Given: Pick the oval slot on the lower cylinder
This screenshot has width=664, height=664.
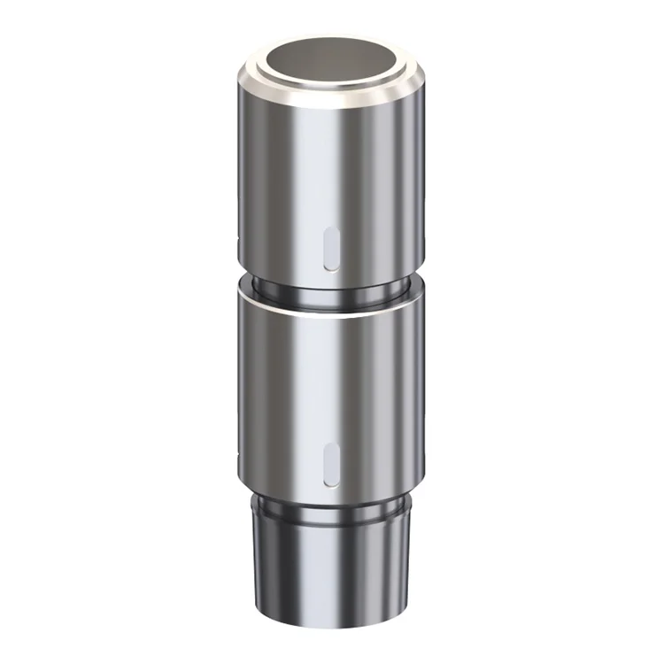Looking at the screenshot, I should [x=330, y=464].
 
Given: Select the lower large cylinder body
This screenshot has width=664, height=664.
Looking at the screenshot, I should [x=292, y=390].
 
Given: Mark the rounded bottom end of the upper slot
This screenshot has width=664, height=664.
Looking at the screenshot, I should [x=329, y=266].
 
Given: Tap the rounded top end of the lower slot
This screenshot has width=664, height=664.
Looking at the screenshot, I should [x=330, y=445].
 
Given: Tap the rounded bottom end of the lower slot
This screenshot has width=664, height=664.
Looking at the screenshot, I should [x=330, y=483].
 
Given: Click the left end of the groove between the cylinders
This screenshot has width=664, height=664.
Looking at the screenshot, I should [x=251, y=282].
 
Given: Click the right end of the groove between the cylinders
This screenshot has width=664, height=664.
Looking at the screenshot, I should [x=408, y=282].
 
